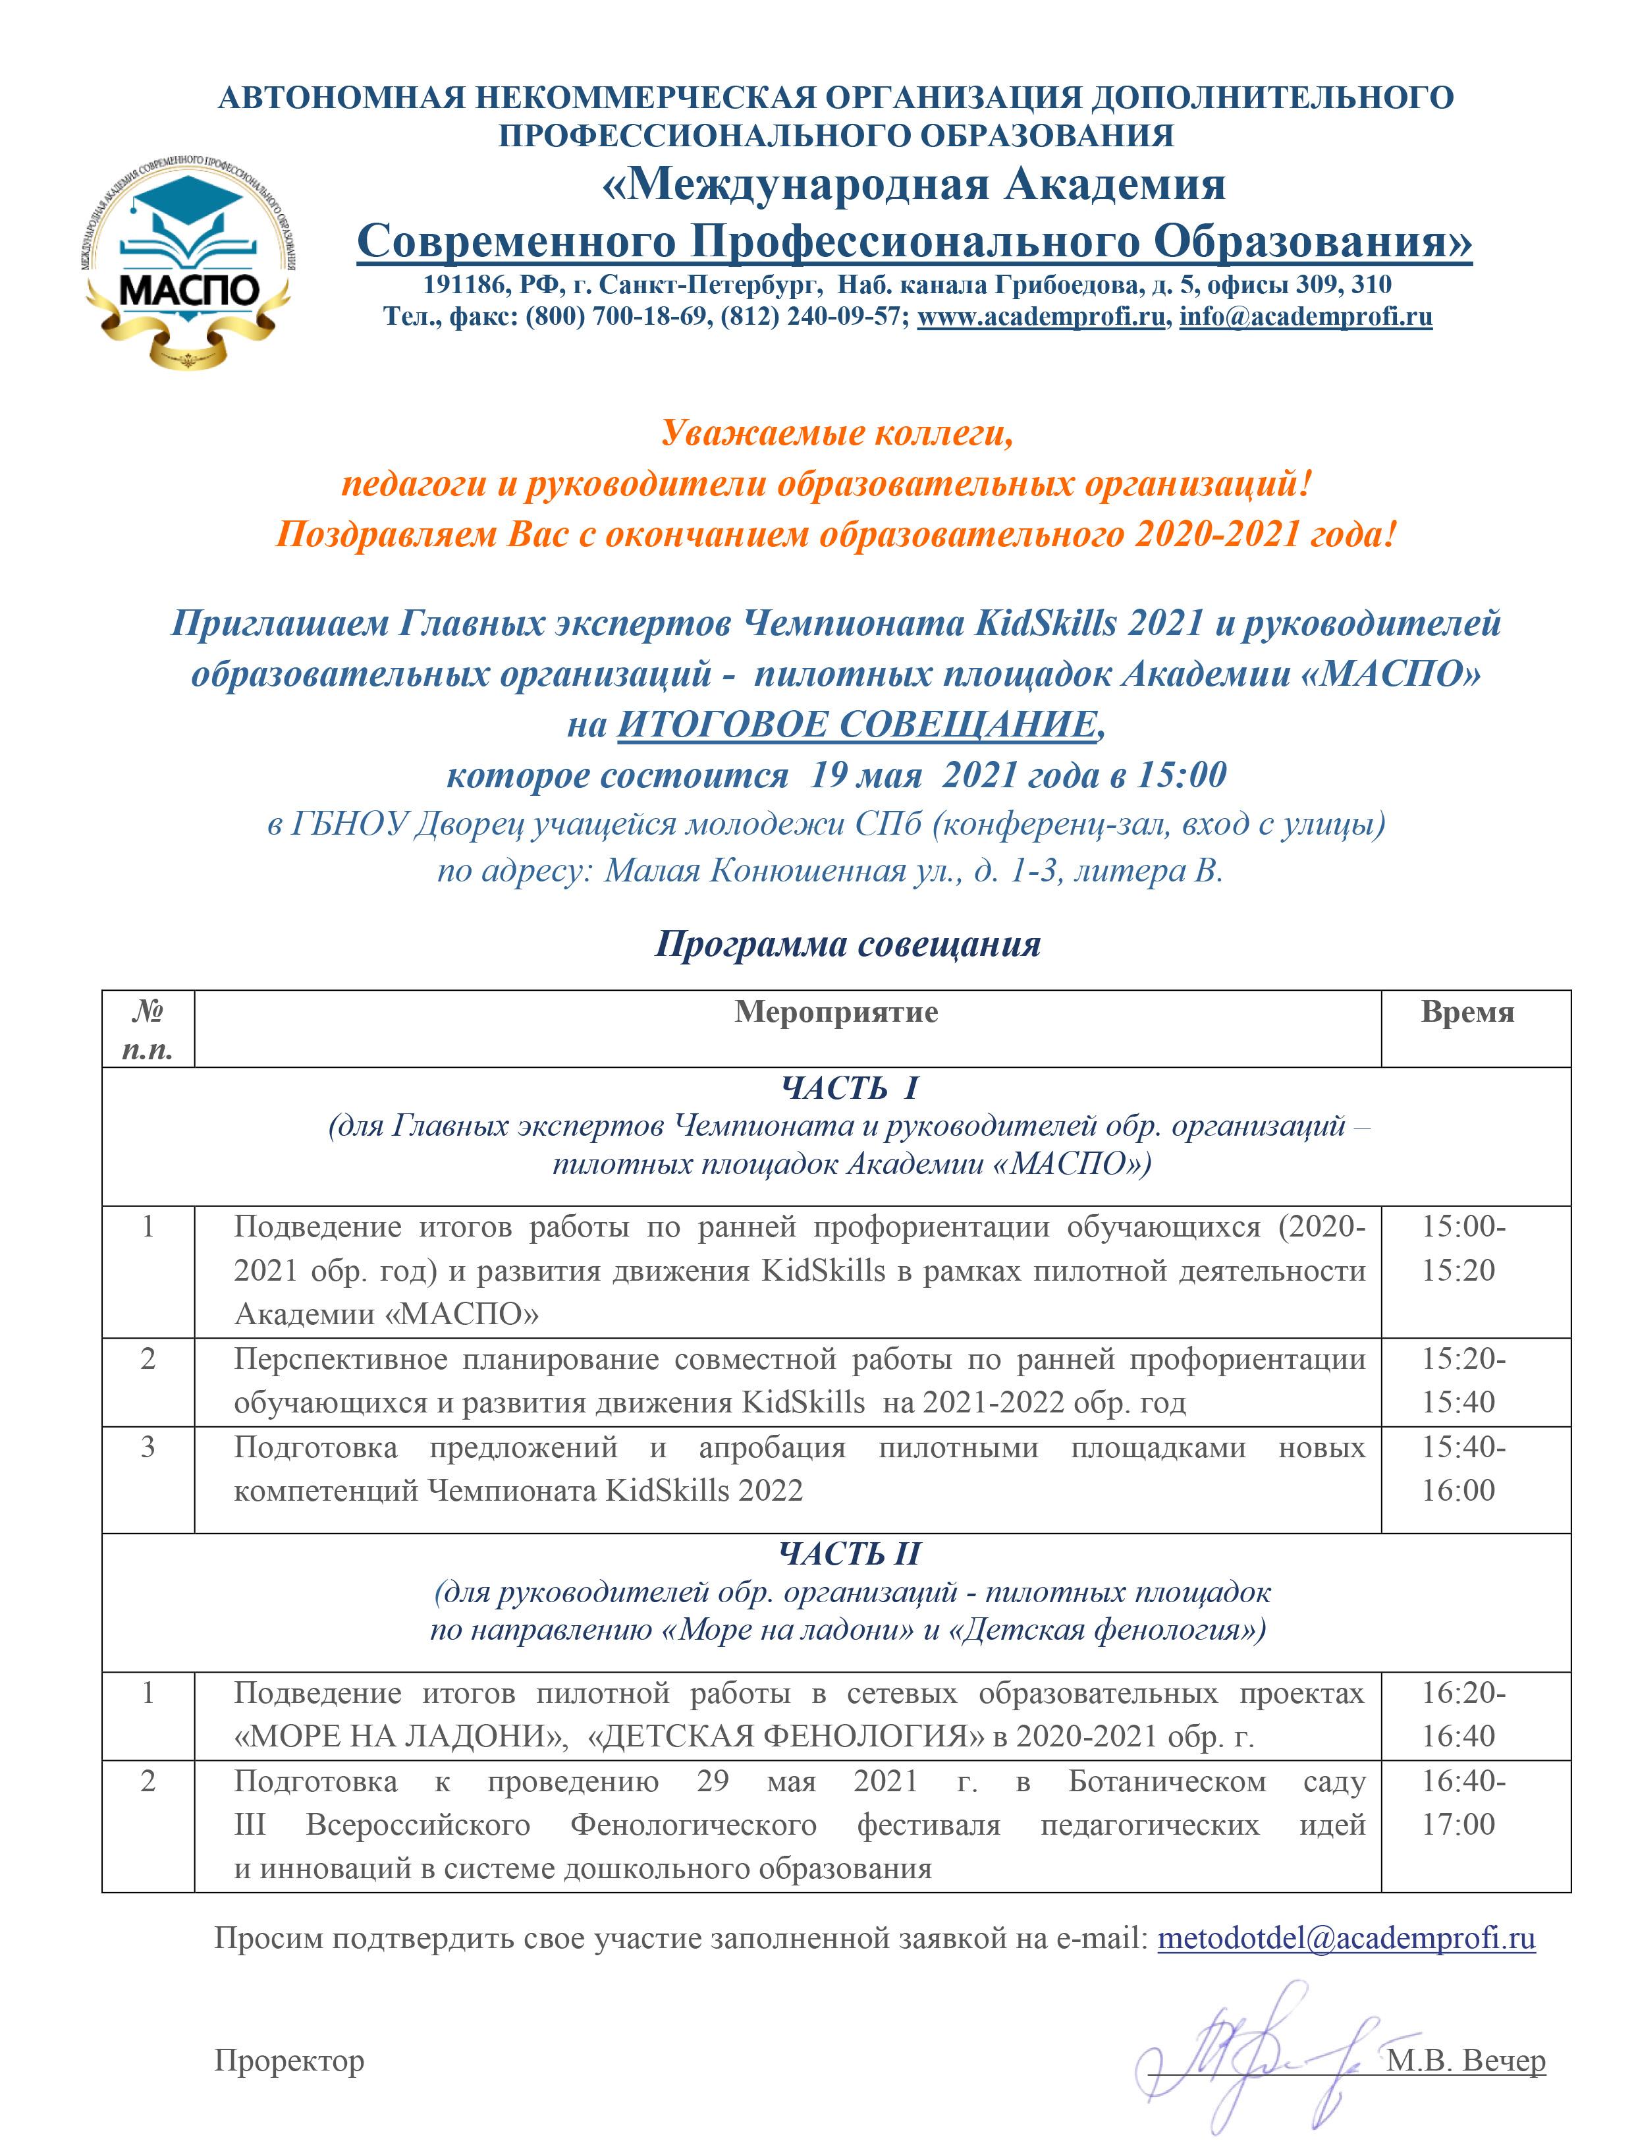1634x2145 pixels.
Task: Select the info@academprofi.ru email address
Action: [1305, 317]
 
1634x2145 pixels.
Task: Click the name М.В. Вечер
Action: [1467, 2061]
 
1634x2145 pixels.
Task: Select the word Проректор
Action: [289, 2061]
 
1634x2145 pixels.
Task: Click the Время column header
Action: [1467, 1013]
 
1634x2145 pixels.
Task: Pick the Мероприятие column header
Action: [836, 1013]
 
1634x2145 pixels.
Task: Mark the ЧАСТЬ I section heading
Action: [849, 1088]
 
